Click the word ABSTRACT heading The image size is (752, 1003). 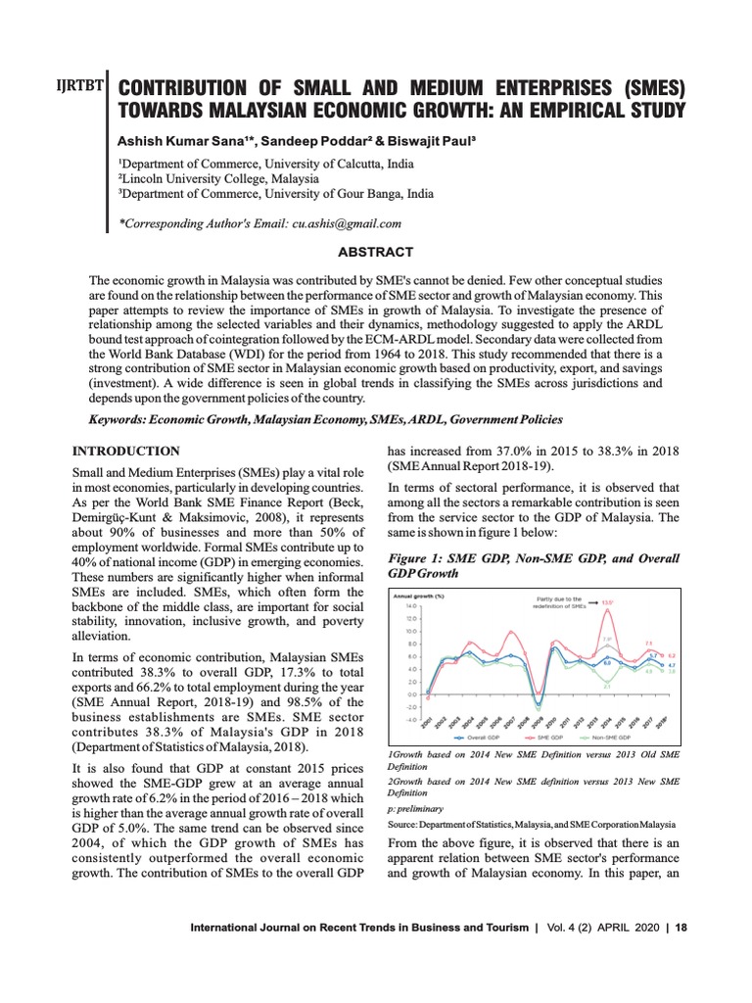coord(375,253)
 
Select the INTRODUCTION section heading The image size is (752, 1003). coord(126,451)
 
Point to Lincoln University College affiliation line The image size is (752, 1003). coord(217,178)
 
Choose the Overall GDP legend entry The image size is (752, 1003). coord(468,736)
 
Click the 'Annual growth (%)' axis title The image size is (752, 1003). coord(418,596)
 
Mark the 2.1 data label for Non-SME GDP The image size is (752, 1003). coord(607,686)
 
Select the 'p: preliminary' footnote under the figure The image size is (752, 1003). coord(416,809)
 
